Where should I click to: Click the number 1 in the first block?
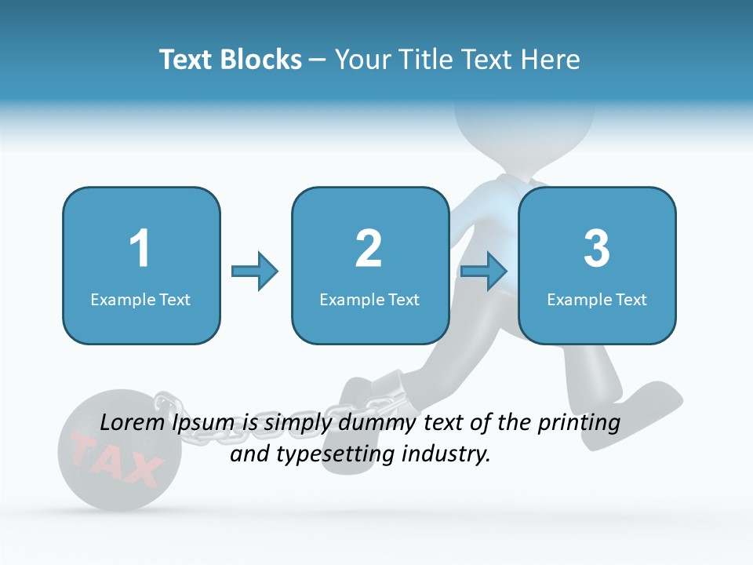click(x=140, y=250)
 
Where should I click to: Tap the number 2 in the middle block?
click(x=369, y=250)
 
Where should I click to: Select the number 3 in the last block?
click(x=597, y=250)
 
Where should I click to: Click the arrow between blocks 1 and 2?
click(x=255, y=272)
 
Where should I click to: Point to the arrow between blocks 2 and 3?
click(x=484, y=272)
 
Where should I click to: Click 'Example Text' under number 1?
click(x=140, y=299)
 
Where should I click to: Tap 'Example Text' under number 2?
click(x=369, y=299)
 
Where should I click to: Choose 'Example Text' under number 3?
click(x=597, y=299)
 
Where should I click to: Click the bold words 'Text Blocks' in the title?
click(x=231, y=60)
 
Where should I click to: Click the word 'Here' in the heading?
click(x=550, y=60)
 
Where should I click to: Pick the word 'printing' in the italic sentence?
click(x=578, y=423)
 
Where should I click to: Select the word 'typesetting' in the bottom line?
click(x=331, y=454)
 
